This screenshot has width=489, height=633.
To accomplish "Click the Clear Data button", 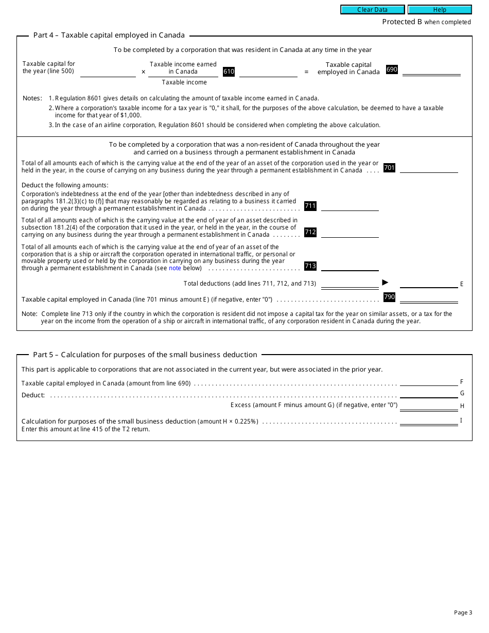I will pyautogui.click(x=372, y=10).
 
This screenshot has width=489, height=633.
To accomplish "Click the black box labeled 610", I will pyautogui.click(x=229, y=72).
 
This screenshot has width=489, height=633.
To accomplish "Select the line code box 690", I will pyautogui.click(x=392, y=69).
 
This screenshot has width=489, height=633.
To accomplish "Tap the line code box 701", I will pyautogui.click(x=389, y=168).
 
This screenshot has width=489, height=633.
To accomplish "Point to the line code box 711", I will pyautogui.click(x=310, y=206).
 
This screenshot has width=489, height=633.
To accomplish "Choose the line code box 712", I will pyautogui.click(x=310, y=232).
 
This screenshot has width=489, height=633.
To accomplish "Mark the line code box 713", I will pyautogui.click(x=310, y=266).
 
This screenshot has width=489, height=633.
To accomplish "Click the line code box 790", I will pyautogui.click(x=389, y=297).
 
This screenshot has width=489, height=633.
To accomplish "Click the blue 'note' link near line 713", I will pyautogui.click(x=175, y=268).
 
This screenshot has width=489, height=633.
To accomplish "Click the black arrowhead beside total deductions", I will pyautogui.click(x=385, y=282).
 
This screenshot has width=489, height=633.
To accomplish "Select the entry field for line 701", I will pyautogui.click(x=428, y=168).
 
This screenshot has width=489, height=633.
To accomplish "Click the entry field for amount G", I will pyautogui.click(x=428, y=393).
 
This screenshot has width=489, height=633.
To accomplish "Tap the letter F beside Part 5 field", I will pyautogui.click(x=462, y=382).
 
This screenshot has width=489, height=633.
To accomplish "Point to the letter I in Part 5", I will pyautogui.click(x=461, y=420).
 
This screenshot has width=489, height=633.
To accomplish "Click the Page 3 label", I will pyautogui.click(x=463, y=612).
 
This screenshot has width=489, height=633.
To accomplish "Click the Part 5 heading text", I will pyautogui.click(x=145, y=355).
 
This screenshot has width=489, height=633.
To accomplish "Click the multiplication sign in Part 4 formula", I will pyautogui.click(x=144, y=72).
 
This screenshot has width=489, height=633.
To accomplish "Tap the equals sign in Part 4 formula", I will pyautogui.click(x=306, y=72).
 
